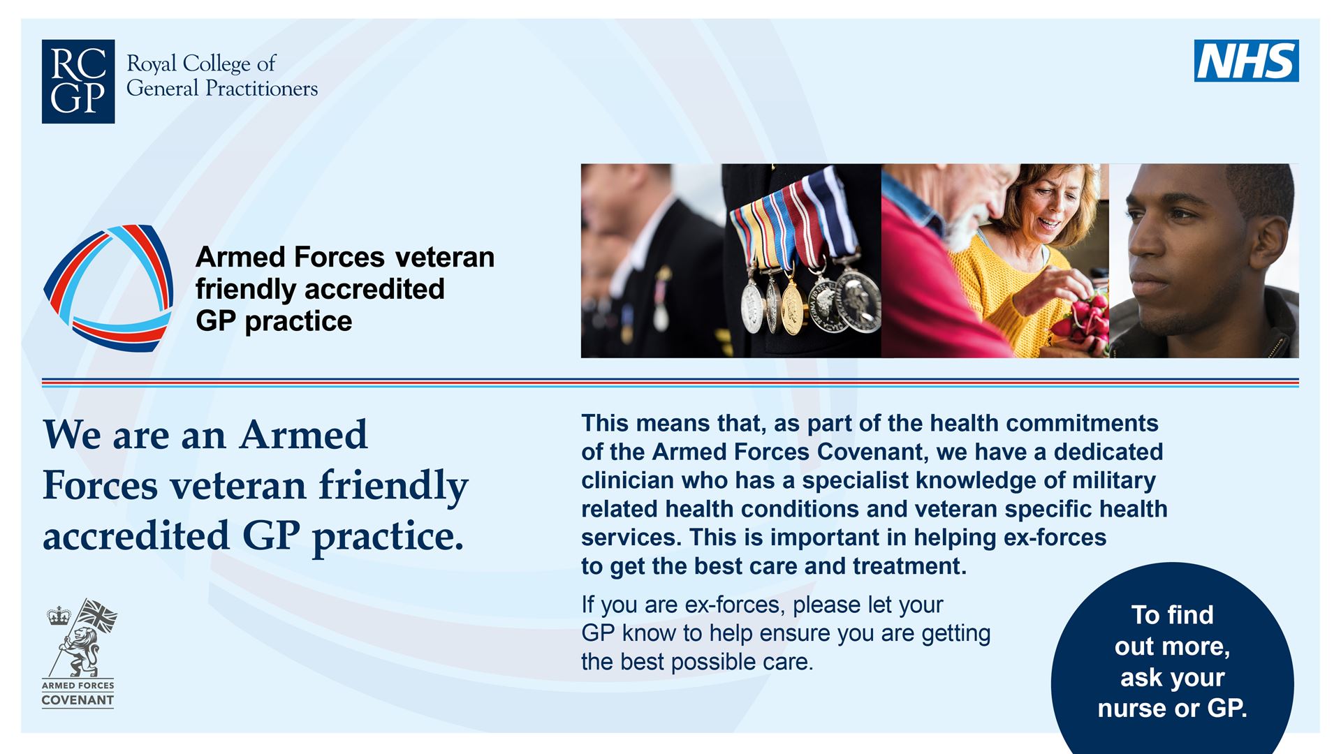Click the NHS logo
tap(1246, 61)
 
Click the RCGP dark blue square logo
tap(78, 82)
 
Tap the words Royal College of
tap(200, 64)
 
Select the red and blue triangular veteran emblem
tap(108, 288)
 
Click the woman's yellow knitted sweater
tap(1006, 279)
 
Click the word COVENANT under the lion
tap(78, 700)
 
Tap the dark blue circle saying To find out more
tap(1172, 663)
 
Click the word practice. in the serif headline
tap(388, 537)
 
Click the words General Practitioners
tap(221, 89)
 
